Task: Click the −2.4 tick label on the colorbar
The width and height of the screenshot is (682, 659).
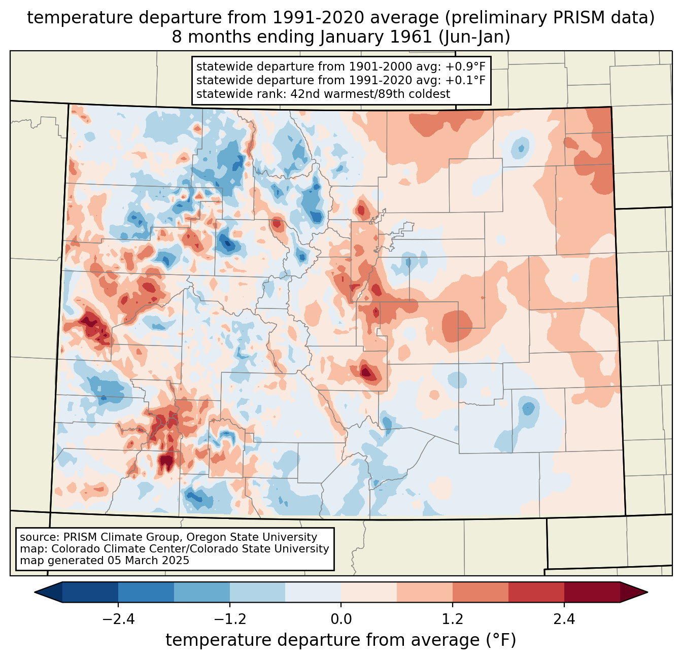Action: (118, 619)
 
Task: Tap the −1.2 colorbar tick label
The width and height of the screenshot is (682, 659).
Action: (229, 619)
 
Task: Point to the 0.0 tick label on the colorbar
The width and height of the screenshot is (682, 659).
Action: (341, 619)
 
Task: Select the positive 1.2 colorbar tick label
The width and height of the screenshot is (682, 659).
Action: (453, 619)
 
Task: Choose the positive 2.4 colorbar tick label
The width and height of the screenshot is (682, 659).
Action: (564, 619)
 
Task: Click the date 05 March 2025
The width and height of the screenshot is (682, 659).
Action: (148, 561)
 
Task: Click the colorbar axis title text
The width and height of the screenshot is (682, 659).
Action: (340, 640)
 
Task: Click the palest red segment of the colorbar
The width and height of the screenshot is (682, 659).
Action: (369, 592)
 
